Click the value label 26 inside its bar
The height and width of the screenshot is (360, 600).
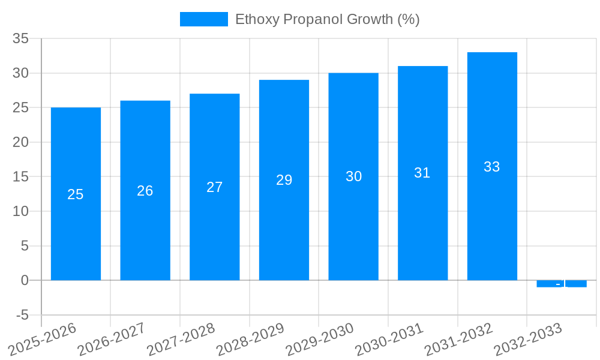pyautogui.click(x=145, y=191)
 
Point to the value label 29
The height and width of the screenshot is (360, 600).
pyautogui.click(x=284, y=180)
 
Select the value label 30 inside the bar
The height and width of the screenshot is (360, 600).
pyautogui.click(x=353, y=176)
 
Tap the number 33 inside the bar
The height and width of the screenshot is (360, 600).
pyautogui.click(x=492, y=167)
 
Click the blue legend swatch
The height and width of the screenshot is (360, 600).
pyautogui.click(x=203, y=19)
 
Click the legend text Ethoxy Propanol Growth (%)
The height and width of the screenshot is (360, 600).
pyautogui.click(x=327, y=19)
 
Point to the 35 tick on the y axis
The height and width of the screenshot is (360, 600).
pyautogui.click(x=20, y=38)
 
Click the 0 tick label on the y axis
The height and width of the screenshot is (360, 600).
pyautogui.click(x=25, y=280)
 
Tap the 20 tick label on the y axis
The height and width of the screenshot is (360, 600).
pyautogui.click(x=20, y=142)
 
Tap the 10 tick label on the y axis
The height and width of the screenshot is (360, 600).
pyautogui.click(x=20, y=211)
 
